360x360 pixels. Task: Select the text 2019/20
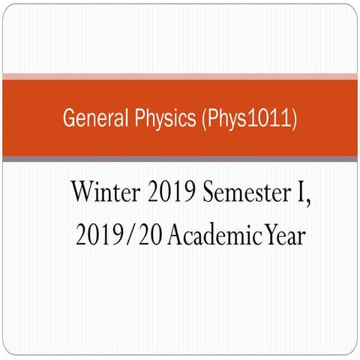(118, 236)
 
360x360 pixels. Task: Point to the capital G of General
(68, 118)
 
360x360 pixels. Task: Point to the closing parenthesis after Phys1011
(293, 118)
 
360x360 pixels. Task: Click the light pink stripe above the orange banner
(180, 76)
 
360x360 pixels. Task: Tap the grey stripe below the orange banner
(180, 158)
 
